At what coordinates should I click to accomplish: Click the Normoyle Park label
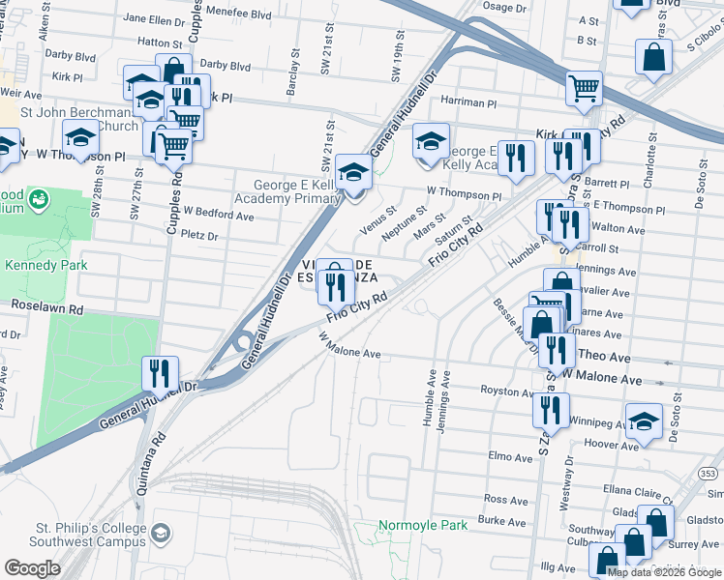click(x=422, y=525)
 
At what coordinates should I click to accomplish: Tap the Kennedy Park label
click(x=45, y=265)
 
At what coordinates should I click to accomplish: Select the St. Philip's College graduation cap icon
click(x=162, y=533)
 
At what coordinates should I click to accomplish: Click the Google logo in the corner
click(x=32, y=568)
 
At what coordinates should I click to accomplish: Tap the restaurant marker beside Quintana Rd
click(x=160, y=373)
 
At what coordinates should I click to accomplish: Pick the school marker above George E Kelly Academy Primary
click(x=354, y=172)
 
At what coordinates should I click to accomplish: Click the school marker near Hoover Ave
click(x=644, y=420)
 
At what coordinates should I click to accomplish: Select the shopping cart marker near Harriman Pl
click(x=584, y=89)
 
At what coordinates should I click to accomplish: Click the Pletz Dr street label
click(x=200, y=235)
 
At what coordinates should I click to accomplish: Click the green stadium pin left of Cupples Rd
click(x=39, y=200)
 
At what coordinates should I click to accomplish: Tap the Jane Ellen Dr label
click(x=154, y=18)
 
